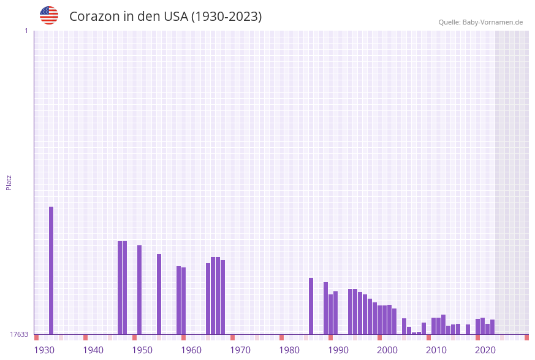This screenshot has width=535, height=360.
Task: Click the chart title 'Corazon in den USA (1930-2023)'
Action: pyautogui.click(x=165, y=17)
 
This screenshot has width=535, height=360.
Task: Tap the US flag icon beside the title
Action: pyautogui.click(x=49, y=15)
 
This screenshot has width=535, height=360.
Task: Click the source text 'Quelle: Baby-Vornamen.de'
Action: pyautogui.click(x=480, y=22)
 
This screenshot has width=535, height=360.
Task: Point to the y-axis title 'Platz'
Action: pyautogui.click(x=9, y=182)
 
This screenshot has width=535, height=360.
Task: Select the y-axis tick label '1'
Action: pyautogui.click(x=26, y=31)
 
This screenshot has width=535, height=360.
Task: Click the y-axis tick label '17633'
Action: pyautogui.click(x=19, y=334)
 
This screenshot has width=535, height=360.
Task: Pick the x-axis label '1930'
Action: pyautogui.click(x=44, y=350)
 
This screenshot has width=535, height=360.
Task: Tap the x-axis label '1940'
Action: pyautogui.click(x=93, y=350)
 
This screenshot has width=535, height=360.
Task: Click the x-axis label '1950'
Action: pyautogui.click(x=142, y=350)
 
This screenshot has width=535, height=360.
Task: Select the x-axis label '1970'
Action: pyautogui.click(x=240, y=350)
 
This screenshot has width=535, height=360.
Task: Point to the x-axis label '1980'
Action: pyautogui.click(x=289, y=350)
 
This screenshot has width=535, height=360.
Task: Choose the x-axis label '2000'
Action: pyautogui.click(x=387, y=350)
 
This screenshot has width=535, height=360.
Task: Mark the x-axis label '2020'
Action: pyautogui.click(x=485, y=350)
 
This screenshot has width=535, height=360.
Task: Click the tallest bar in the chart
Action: pyautogui.click(x=51, y=270)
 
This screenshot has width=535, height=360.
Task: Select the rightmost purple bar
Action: pyautogui.click(x=492, y=327)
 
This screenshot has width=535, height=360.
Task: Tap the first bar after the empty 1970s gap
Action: pyautogui.click(x=311, y=306)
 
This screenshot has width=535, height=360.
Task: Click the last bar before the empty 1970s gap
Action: pyautogui.click(x=222, y=297)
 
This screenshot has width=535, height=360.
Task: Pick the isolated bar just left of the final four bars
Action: pyautogui.click(x=468, y=329)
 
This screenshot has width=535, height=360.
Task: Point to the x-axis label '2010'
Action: pyautogui.click(x=436, y=350)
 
